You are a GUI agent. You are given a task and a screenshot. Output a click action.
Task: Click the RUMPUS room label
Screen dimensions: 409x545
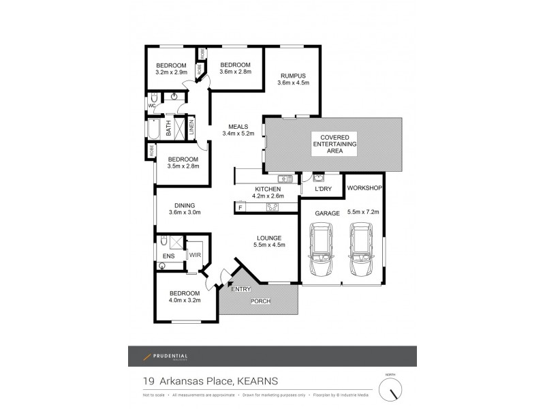[x=293, y=76]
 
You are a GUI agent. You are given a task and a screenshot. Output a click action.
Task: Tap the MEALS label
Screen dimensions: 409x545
[x=238, y=125]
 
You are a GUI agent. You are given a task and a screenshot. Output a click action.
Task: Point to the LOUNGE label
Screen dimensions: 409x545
[x=270, y=237]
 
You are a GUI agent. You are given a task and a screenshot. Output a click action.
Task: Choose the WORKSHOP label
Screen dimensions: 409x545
[x=364, y=187]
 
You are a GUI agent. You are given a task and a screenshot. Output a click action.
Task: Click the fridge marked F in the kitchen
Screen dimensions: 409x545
[x=240, y=207]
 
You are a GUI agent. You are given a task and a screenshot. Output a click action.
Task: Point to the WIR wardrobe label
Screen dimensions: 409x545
[x=194, y=255]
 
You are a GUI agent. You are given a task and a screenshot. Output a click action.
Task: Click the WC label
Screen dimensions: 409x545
[x=152, y=106]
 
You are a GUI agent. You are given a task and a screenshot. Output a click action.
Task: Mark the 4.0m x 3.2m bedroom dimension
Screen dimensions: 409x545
[x=184, y=301]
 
